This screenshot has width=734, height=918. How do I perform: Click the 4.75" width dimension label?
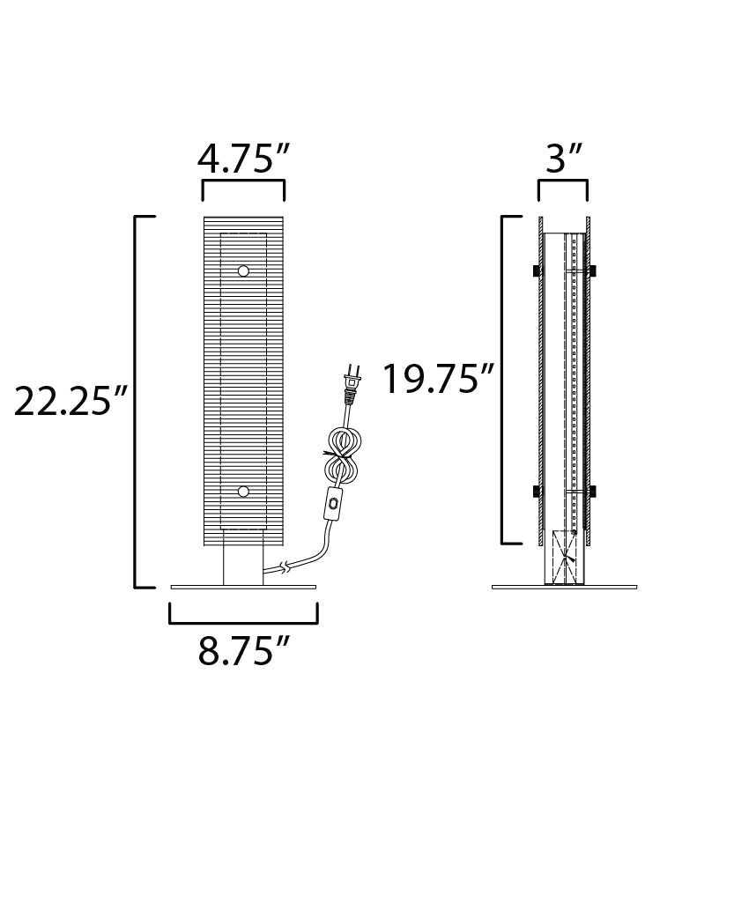(243, 159)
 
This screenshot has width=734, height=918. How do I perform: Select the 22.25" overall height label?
(72, 402)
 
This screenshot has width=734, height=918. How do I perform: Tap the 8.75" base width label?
(243, 651)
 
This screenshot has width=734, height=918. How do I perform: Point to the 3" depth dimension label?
(564, 159)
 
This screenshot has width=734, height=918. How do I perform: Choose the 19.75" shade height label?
(437, 380)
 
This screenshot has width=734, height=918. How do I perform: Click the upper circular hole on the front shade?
(243, 270)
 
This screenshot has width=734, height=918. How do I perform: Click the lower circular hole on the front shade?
(243, 491)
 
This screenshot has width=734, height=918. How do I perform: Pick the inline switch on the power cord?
(333, 506)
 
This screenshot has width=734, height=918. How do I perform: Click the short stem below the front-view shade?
(243, 557)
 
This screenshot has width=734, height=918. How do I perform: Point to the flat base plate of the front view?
(243, 587)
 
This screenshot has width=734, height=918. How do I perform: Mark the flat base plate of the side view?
(564, 587)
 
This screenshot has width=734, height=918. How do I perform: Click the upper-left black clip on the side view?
(535, 270)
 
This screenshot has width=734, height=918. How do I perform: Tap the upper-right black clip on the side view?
(592, 270)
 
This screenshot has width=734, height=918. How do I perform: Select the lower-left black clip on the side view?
(535, 491)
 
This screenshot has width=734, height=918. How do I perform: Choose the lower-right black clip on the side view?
(592, 491)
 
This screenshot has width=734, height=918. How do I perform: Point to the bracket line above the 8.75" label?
(243, 621)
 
